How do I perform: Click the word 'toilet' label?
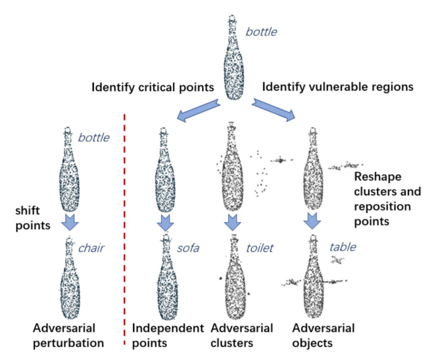(260, 247)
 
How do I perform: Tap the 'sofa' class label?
(188, 247)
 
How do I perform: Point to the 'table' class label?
(343, 247)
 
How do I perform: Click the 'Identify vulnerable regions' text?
(337, 88)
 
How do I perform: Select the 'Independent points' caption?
(168, 335)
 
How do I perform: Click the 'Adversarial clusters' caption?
(242, 335)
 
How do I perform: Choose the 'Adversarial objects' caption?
(323, 335)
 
